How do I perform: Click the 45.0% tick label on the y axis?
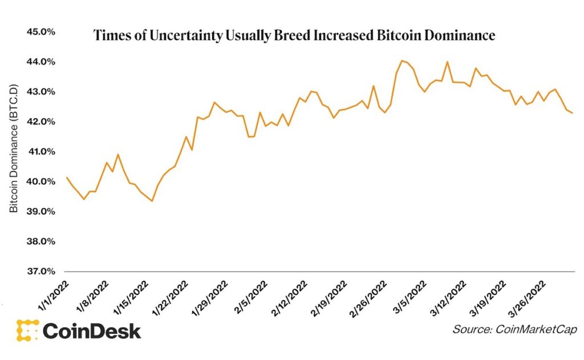click(x=40, y=32)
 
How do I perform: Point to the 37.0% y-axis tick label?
click(x=40, y=272)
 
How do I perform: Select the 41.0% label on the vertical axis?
click(x=40, y=152)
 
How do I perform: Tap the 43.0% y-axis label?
click(x=40, y=92)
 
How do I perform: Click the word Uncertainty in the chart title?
click(x=173, y=36)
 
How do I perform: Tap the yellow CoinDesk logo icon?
click(x=27, y=330)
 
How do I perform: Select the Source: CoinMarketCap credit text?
click(x=514, y=330)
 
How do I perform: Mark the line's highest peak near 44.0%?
click(x=402, y=60)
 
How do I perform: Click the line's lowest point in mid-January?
click(x=152, y=201)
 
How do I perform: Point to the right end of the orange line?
click(x=573, y=113)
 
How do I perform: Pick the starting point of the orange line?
click(x=67, y=177)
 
